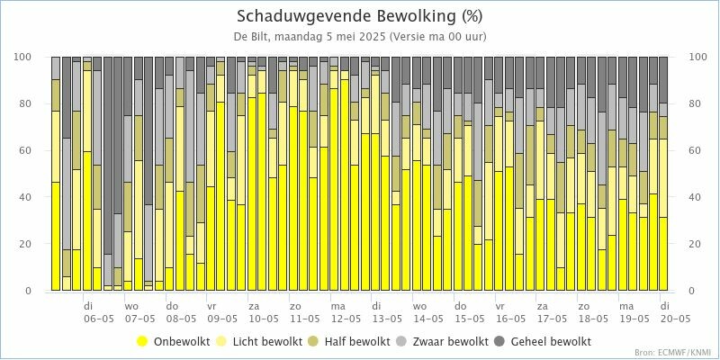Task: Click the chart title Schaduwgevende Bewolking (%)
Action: (x=360, y=16)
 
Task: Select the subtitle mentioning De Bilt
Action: (x=360, y=37)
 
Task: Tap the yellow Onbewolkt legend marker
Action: (x=142, y=341)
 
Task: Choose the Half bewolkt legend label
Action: (x=354, y=341)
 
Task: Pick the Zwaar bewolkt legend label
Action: (x=450, y=341)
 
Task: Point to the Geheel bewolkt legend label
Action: (x=550, y=341)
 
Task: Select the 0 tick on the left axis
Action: (x=31, y=292)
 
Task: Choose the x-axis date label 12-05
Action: (x=344, y=319)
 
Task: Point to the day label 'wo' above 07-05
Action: (x=131, y=306)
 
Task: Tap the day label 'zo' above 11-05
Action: (x=294, y=306)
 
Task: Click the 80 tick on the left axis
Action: (x=28, y=103)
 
